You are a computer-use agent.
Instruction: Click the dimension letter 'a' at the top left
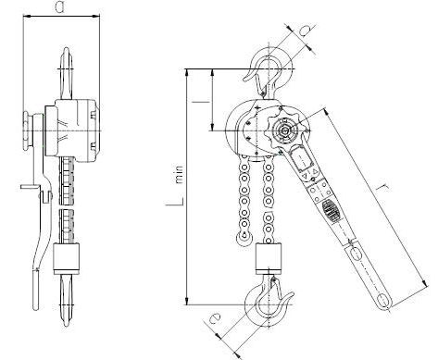[x=60, y=6]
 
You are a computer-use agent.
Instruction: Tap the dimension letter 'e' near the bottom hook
[x=215, y=317]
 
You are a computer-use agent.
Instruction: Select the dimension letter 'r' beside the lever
[x=383, y=188]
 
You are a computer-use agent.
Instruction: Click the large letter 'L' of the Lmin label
[x=175, y=200]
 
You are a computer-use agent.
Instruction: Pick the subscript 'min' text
[x=179, y=175]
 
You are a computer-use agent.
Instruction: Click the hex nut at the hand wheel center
[x=284, y=131]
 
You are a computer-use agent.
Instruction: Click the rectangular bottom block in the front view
[x=269, y=258]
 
